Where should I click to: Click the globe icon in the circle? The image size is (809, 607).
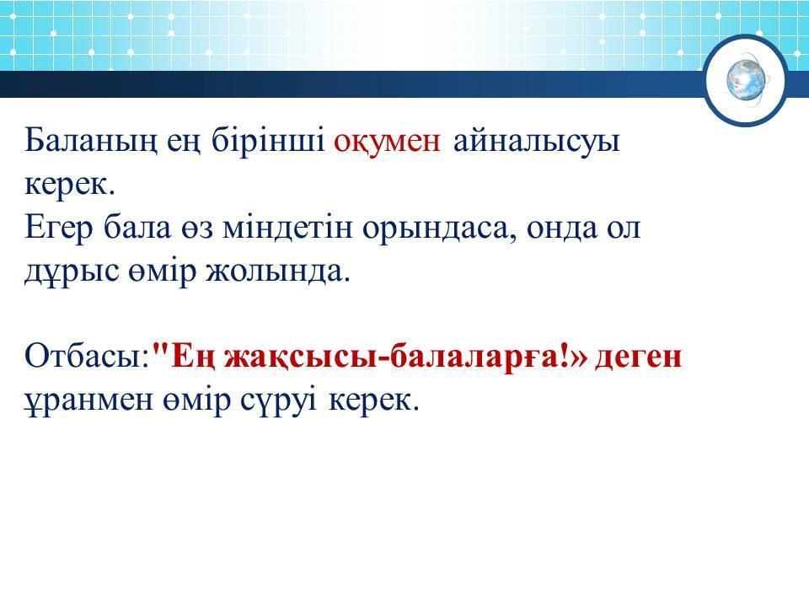pos(747,80)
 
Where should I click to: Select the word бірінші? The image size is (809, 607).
pos(268,140)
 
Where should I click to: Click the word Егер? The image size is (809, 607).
pos(59,229)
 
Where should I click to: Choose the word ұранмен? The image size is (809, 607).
pos(88,401)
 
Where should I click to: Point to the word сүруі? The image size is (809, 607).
pos(278,400)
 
